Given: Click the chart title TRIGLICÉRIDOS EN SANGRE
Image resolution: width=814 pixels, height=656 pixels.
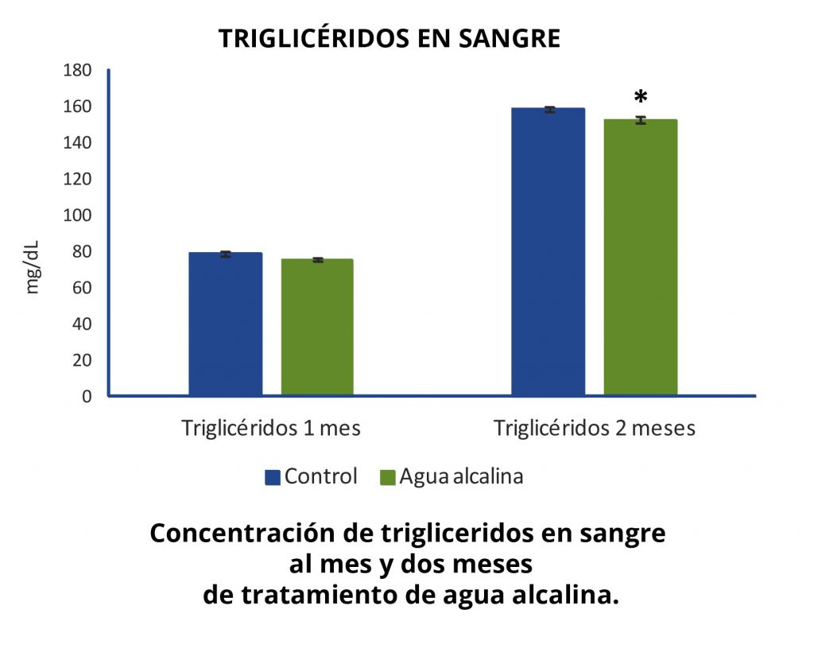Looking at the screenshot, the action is pos(390,38).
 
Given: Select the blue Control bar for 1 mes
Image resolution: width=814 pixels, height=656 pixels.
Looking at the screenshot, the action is pos(225,324).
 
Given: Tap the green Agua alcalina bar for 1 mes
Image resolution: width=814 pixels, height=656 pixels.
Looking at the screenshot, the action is pos(317,328).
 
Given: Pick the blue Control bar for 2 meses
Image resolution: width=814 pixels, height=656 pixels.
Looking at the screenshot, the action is pos(548,252).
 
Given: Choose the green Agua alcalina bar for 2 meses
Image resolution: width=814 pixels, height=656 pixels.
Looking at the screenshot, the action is pos(641,258).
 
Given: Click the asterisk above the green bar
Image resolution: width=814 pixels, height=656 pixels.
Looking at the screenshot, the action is pos(642,96).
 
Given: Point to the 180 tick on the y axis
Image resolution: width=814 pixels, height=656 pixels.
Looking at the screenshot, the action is pos(77,70).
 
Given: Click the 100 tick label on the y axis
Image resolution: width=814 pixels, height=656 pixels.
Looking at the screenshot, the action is pos(77,215).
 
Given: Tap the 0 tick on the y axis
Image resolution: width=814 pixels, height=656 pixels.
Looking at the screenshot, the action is pos(87,396).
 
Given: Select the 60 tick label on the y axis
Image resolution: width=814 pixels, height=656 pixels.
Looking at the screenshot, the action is pos(82,288).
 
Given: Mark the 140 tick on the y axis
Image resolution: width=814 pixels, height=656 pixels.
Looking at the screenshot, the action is pos(77,142).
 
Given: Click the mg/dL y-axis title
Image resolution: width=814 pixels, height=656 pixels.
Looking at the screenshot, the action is pos(32,267).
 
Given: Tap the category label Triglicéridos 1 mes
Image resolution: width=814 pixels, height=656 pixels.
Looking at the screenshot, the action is pos(271,429).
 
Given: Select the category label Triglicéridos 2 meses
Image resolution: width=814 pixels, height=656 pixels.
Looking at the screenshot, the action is pos(595,429).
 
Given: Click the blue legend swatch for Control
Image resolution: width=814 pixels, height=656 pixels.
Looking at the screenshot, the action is pos(273,477).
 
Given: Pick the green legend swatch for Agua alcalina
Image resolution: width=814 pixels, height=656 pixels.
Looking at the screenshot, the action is pos(388,477).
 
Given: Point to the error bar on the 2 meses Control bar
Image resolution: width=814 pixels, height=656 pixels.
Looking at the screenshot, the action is pos(548,110).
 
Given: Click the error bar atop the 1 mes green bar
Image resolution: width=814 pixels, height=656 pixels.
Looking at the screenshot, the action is pos(318,260).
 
